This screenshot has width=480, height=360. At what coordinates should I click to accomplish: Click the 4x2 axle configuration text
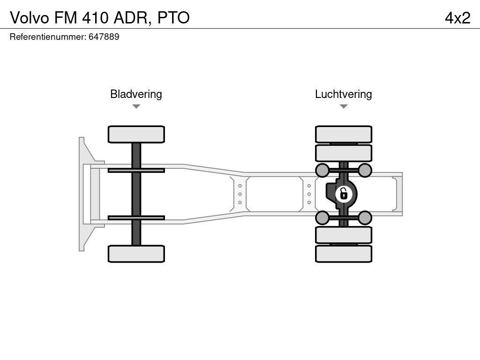(x=457, y=17)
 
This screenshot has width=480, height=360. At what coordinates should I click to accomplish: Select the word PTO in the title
(x=173, y=17)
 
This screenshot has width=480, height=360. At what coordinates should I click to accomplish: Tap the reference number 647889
(x=104, y=37)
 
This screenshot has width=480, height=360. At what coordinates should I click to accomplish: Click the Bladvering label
(x=136, y=94)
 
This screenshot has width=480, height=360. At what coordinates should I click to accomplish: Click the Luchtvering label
(x=343, y=94)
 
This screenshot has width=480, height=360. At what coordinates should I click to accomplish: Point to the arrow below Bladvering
(x=136, y=106)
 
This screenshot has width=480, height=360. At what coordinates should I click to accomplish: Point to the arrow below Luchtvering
(x=343, y=106)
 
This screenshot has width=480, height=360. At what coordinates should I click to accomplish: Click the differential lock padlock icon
(x=344, y=193)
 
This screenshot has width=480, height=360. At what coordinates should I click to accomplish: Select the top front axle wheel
(x=136, y=134)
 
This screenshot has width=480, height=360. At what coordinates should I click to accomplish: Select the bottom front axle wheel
(x=136, y=254)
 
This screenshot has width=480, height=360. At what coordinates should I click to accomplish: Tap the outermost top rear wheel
(x=344, y=134)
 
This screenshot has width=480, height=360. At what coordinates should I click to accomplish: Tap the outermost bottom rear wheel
(x=344, y=254)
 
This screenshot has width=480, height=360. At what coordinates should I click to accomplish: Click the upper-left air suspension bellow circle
(x=322, y=170)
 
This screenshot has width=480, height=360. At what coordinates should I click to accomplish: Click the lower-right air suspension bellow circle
(x=365, y=217)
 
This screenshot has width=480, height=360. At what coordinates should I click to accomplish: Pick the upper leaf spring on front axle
(x=136, y=170)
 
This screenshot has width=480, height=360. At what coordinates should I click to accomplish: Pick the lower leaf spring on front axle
(x=136, y=217)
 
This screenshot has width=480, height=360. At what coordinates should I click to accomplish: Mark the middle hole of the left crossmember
(x=240, y=194)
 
